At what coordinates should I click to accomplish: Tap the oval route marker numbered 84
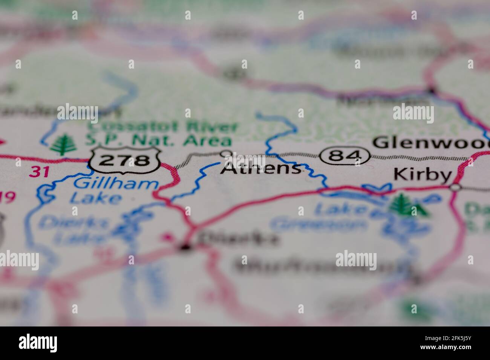pyautogui.click(x=345, y=156)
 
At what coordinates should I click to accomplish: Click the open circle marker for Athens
pyautogui.click(x=226, y=153)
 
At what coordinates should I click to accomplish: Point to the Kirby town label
pyautogui.click(x=422, y=175)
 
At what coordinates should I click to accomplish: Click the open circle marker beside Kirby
pyautogui.click(x=456, y=187)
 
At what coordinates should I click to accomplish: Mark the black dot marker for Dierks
pyautogui.click(x=185, y=247)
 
